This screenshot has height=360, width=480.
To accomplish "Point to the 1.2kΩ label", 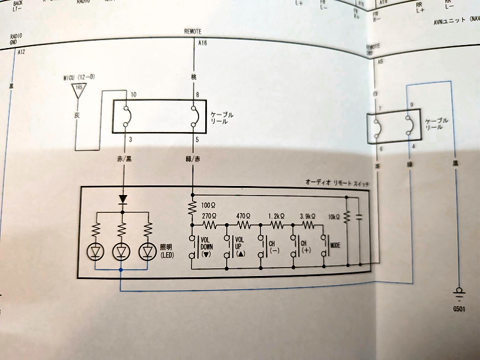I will pos(277,214).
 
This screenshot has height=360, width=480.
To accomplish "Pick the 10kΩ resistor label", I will pos(334,215).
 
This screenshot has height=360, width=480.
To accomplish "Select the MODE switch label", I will pos(335,246).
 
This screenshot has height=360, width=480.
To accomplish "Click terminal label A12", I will pos(21,52).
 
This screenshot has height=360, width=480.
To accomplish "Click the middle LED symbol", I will pos(121,251).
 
